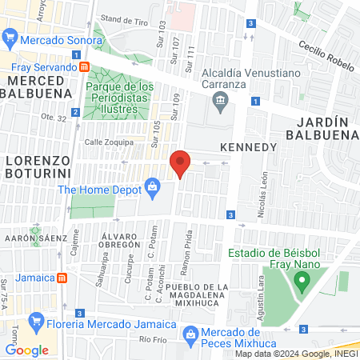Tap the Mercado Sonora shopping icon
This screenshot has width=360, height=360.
10,38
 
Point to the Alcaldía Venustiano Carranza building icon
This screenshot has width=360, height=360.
218,100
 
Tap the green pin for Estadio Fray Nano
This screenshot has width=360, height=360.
302,281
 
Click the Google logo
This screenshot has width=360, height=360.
26,350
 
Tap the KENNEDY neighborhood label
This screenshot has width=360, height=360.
248,148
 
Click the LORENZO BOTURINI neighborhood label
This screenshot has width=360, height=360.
38,166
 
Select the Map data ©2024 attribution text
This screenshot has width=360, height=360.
295,354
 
